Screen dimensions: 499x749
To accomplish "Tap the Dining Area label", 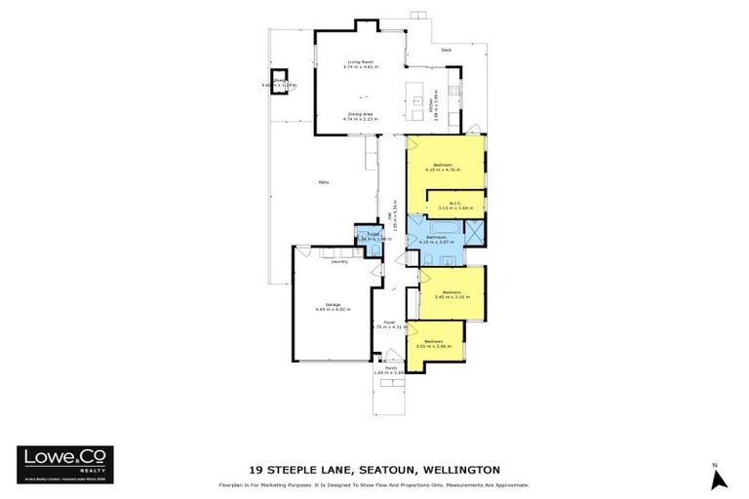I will (362, 114).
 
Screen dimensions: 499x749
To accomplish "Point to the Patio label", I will (322, 182).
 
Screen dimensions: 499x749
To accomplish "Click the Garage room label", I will (330, 304).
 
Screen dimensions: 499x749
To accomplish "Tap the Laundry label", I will (339, 261).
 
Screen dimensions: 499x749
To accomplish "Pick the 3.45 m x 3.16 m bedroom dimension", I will (451, 297).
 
